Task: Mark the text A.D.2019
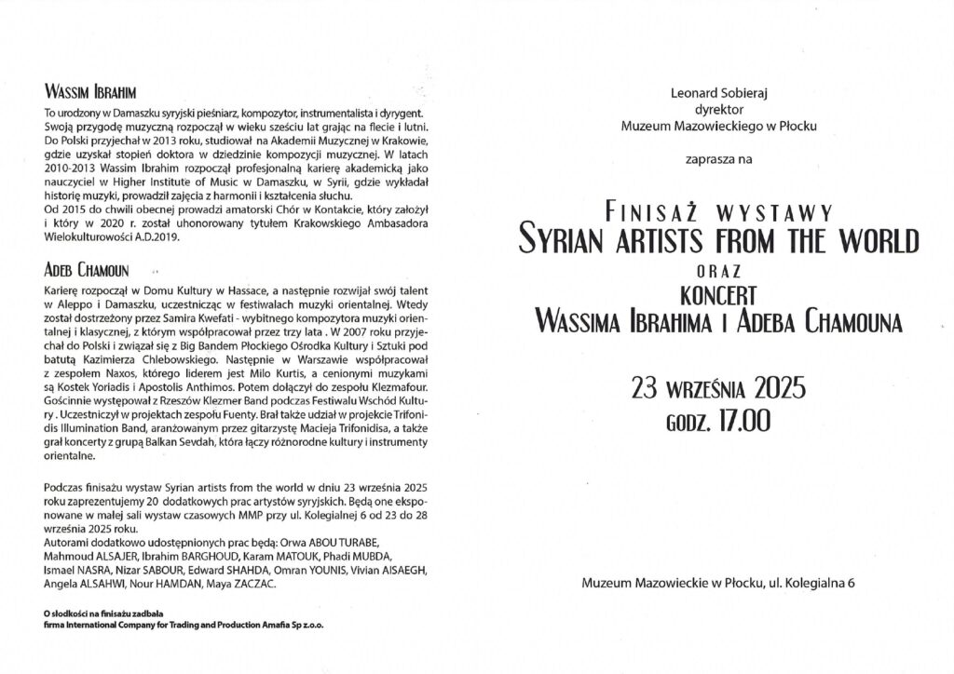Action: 171,237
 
